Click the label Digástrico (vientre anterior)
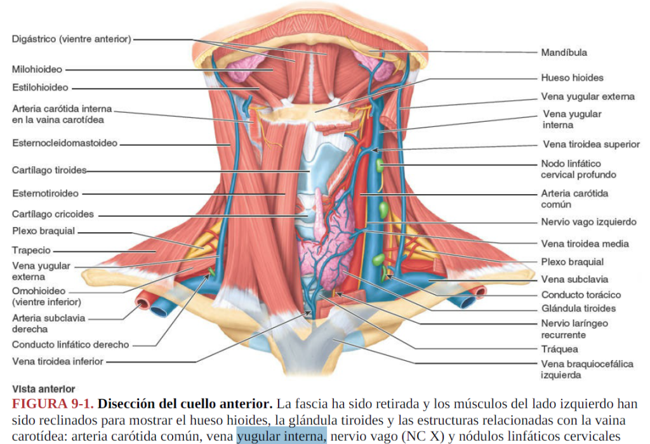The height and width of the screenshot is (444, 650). (71, 39)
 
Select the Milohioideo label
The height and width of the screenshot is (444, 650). (37, 69)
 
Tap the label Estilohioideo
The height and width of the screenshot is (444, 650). (40, 88)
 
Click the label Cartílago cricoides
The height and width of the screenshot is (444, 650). (53, 214)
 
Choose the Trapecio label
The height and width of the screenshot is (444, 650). (31, 251)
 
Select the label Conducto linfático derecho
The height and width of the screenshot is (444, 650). (70, 345)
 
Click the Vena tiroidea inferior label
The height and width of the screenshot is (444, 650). (58, 362)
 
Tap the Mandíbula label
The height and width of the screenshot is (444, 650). (564, 53)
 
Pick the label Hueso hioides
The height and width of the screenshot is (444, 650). (572, 78)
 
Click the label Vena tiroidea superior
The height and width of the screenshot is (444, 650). (591, 145)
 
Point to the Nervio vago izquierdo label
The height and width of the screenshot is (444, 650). (588, 223)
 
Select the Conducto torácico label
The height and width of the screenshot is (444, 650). (581, 295)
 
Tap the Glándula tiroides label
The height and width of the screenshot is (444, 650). (578, 308)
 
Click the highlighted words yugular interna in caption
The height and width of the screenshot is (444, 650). (281, 436)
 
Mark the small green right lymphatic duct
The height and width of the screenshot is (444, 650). (211, 272)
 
